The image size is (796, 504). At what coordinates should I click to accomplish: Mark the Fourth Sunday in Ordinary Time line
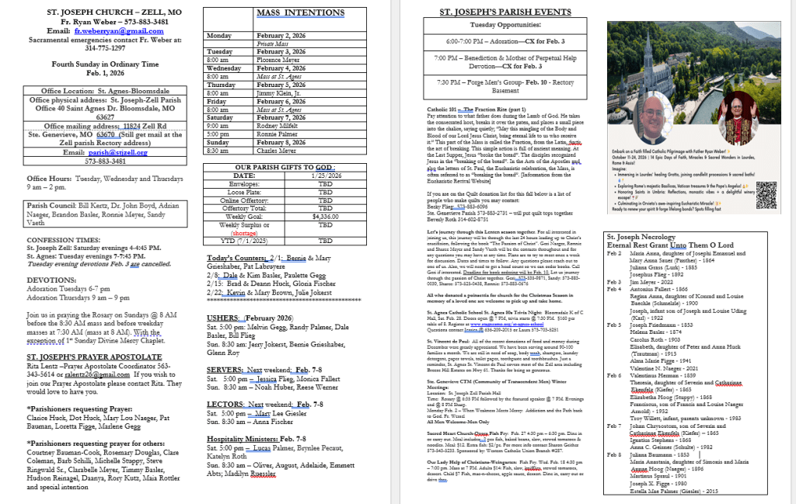pyautogui.click(x=106, y=64)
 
